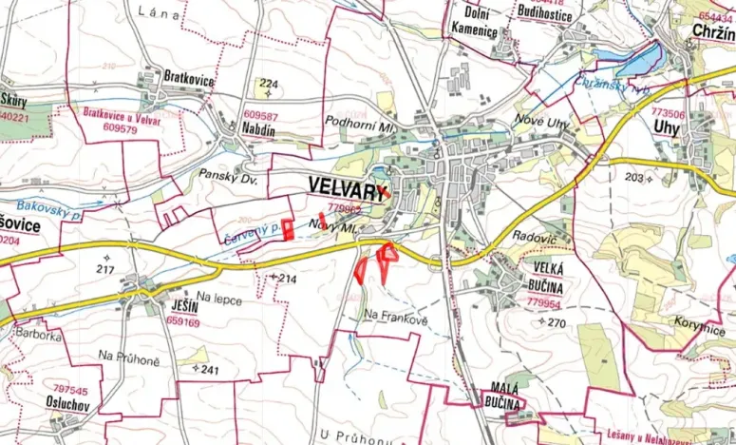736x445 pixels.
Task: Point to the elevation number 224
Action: pos(269,83)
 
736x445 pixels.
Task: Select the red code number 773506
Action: pos(669,111)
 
